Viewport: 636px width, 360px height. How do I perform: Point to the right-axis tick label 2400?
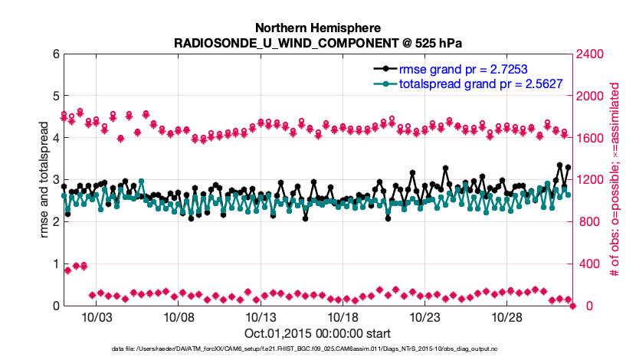[592, 54]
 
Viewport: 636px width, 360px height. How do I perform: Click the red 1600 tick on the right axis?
[592, 139]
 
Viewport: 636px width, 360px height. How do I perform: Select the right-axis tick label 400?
[588, 264]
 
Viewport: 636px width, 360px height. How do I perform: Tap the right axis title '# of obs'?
[615, 180]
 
